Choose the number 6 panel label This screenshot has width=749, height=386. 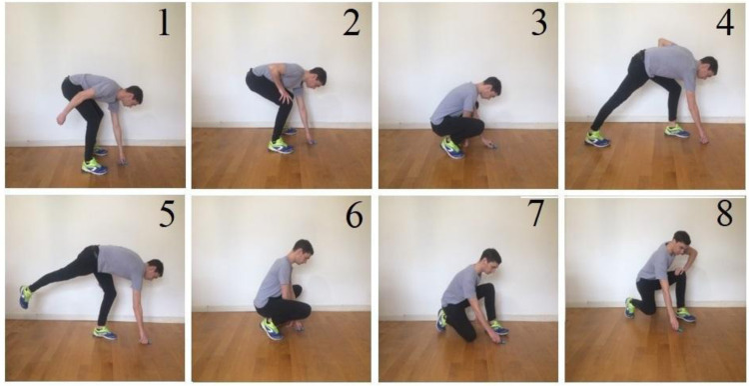click(353, 216)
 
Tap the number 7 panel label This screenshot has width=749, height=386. click(537, 216)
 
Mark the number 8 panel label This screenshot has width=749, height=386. click(724, 216)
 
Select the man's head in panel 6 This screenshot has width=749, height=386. click(303, 249)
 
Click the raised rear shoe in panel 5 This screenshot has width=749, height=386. click(25, 297)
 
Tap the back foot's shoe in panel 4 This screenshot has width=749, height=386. click(597, 139)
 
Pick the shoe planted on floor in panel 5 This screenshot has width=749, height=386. click(105, 333)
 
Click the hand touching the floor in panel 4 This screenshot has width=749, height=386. click(703, 140)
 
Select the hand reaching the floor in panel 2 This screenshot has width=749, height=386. click(310, 141)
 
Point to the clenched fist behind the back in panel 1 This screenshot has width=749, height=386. click(61, 118)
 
